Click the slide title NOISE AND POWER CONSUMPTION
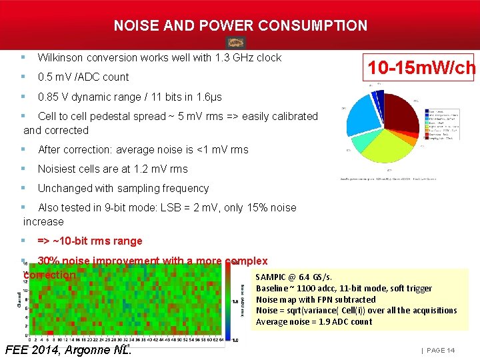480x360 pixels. pyautogui.click(x=240, y=26)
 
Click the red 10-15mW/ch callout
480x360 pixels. pyautogui.click(x=421, y=68)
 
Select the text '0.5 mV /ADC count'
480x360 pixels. pyautogui.click(x=83, y=77)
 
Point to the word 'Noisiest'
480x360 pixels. pyautogui.click(x=58, y=169)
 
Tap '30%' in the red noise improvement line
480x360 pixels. pyautogui.click(x=49, y=261)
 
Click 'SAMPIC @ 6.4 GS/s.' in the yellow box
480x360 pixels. pyautogui.click(x=293, y=277)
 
